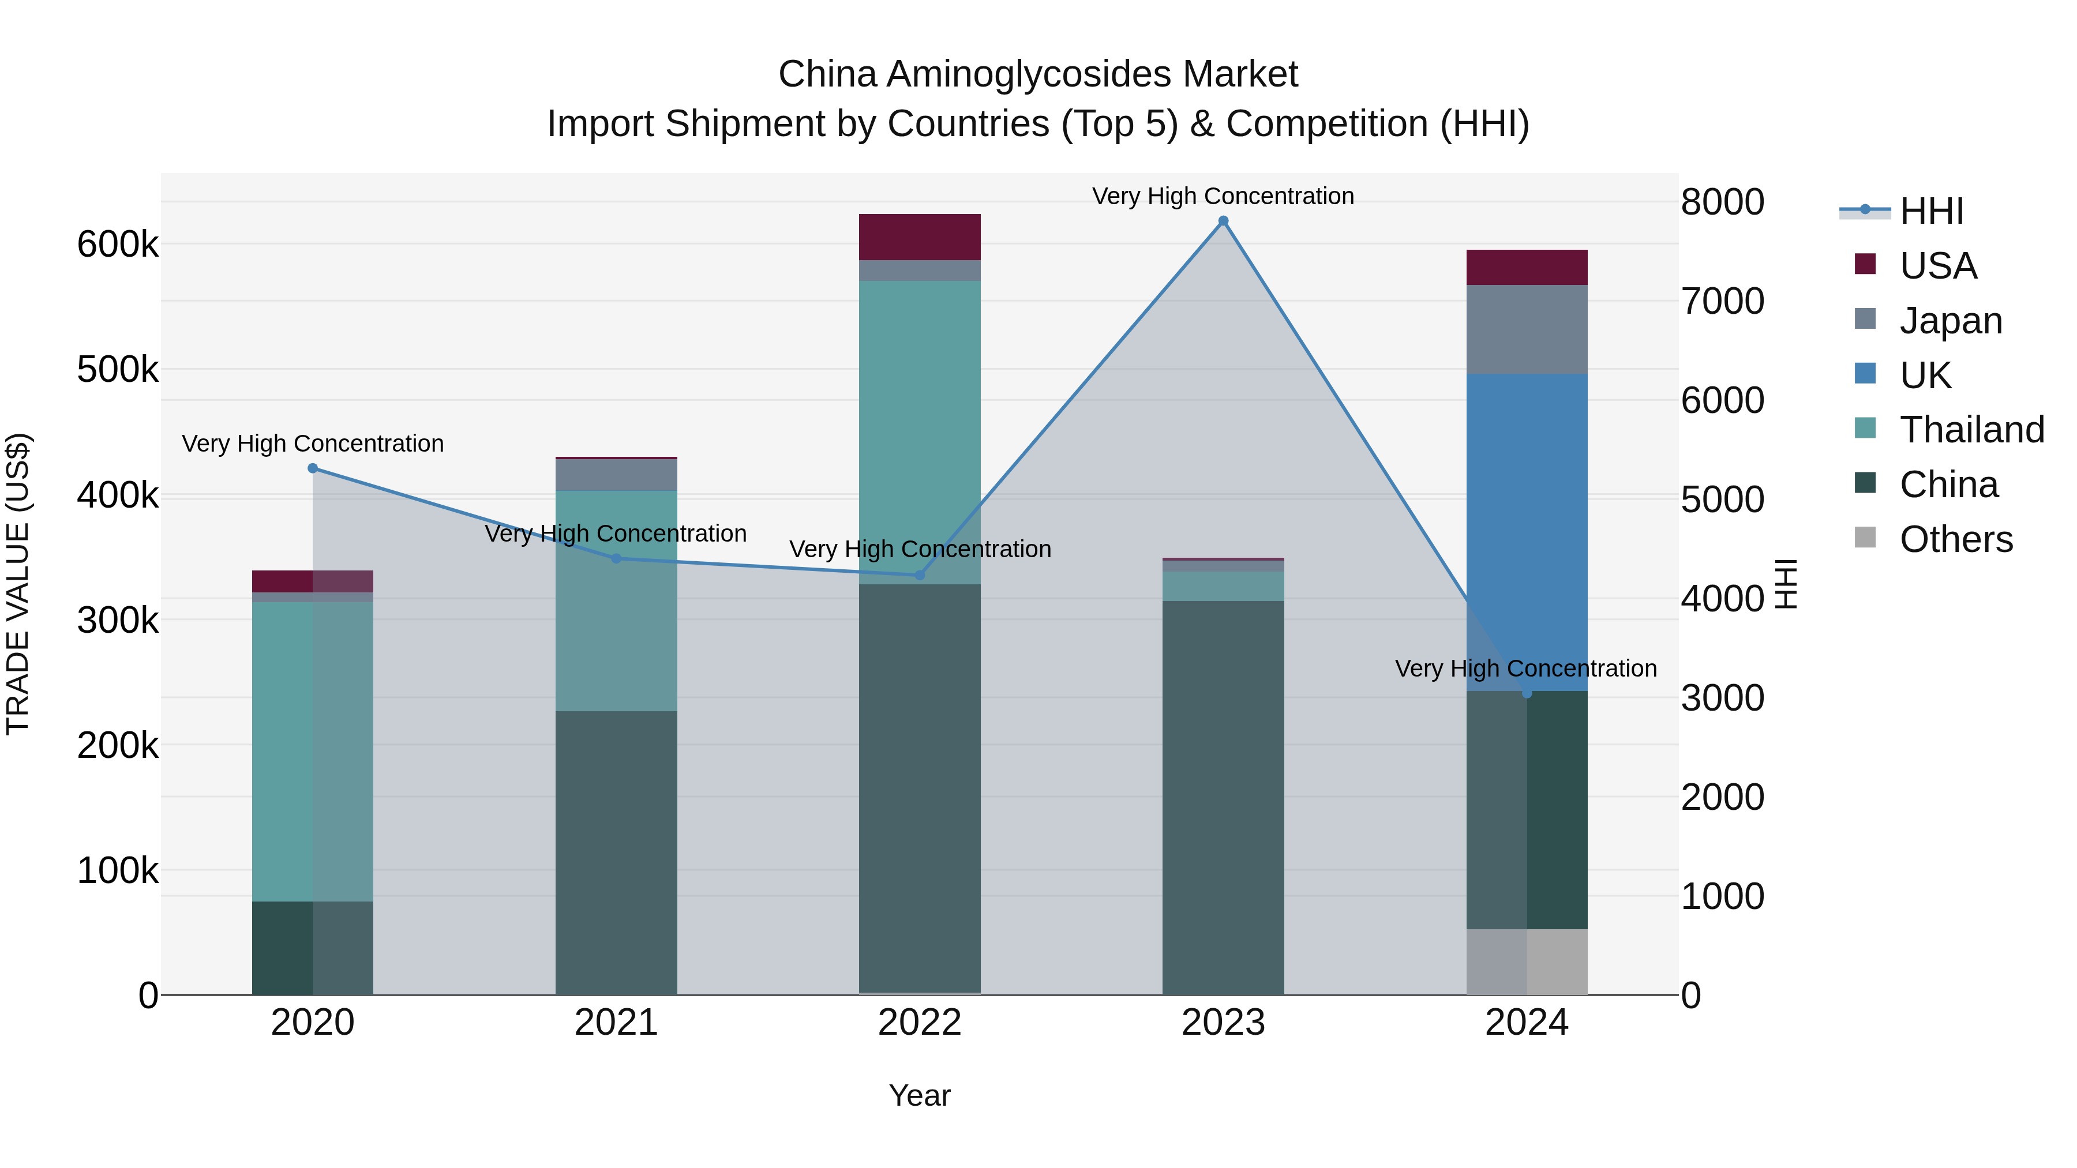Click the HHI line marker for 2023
pos(1223,221)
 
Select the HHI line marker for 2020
pos(313,468)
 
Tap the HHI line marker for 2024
pos(1526,693)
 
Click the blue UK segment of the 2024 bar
pos(1526,532)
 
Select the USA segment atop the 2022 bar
pos(919,237)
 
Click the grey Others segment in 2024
pos(1526,962)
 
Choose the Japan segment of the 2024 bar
pos(1526,329)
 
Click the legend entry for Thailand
pos(1971,430)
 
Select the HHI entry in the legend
pos(1931,211)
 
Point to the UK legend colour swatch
pos(1865,373)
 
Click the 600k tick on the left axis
pos(118,244)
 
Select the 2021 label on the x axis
pos(616,1023)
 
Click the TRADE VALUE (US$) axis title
pos(18,584)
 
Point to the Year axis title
pos(919,1095)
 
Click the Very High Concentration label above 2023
pos(1223,196)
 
